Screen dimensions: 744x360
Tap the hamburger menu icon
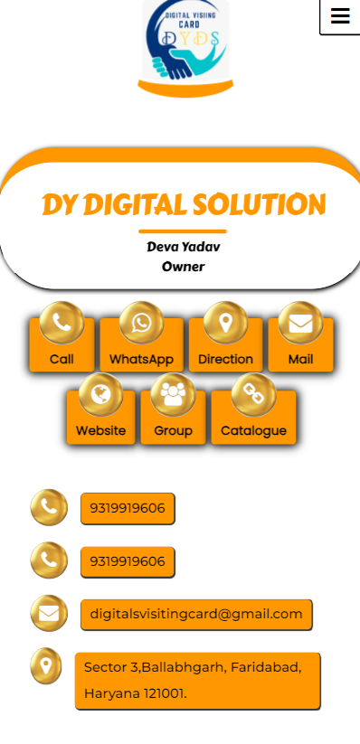click(x=340, y=16)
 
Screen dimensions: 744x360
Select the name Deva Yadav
click(x=184, y=247)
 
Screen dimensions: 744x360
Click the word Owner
click(x=184, y=267)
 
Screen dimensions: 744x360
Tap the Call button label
click(x=62, y=359)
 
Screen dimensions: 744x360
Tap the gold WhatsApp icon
click(x=141, y=323)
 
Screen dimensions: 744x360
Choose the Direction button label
click(x=225, y=359)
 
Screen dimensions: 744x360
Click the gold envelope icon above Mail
click(x=300, y=323)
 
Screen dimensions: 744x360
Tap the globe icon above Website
click(x=100, y=395)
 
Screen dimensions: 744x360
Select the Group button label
click(x=173, y=431)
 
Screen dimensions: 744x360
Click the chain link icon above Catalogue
click(x=253, y=395)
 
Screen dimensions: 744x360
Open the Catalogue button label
click(x=253, y=431)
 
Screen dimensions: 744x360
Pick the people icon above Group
click(x=173, y=395)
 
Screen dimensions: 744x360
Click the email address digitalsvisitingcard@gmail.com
click(x=196, y=614)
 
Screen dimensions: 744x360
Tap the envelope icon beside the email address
click(x=49, y=614)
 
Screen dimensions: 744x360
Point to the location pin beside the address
click(x=46, y=666)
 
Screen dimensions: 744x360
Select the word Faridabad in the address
click(x=265, y=667)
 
